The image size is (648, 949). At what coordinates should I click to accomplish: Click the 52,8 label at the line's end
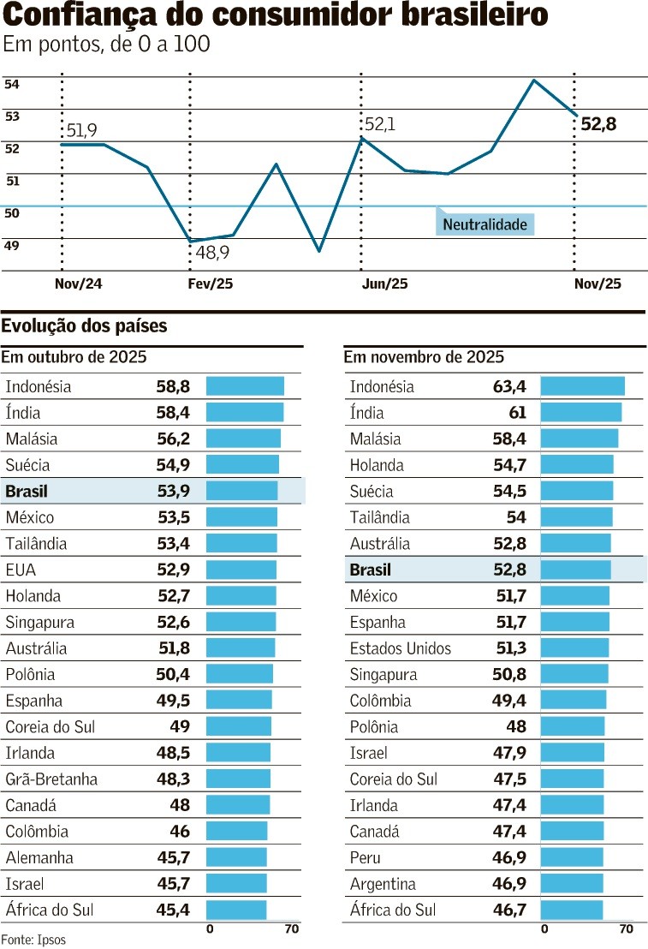coord(598,125)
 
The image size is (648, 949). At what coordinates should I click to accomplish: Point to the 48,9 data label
coord(213,253)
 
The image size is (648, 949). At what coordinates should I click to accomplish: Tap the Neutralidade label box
coord(485,224)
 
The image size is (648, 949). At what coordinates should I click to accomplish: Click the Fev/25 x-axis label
coord(210,284)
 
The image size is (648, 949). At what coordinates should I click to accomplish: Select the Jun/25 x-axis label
coord(385,284)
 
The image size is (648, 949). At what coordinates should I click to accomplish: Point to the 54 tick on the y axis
coord(12,84)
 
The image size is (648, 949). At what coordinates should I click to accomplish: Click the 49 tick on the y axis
coord(12,246)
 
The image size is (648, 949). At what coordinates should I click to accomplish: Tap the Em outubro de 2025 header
coord(74,357)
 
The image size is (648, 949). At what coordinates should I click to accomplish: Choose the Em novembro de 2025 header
coord(424,357)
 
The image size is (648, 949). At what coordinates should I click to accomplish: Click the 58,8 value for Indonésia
coord(173,386)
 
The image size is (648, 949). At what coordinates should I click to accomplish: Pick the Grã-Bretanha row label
coord(51,779)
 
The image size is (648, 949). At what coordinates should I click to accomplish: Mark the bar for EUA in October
coord(241,570)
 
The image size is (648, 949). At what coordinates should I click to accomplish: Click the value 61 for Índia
coord(517,413)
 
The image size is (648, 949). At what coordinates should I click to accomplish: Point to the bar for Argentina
coord(572,884)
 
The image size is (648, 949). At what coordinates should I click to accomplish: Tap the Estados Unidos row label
coord(400,648)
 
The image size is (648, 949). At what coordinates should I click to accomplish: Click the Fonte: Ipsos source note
coord(33,939)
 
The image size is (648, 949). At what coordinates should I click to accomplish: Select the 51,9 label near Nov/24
coord(81,130)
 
